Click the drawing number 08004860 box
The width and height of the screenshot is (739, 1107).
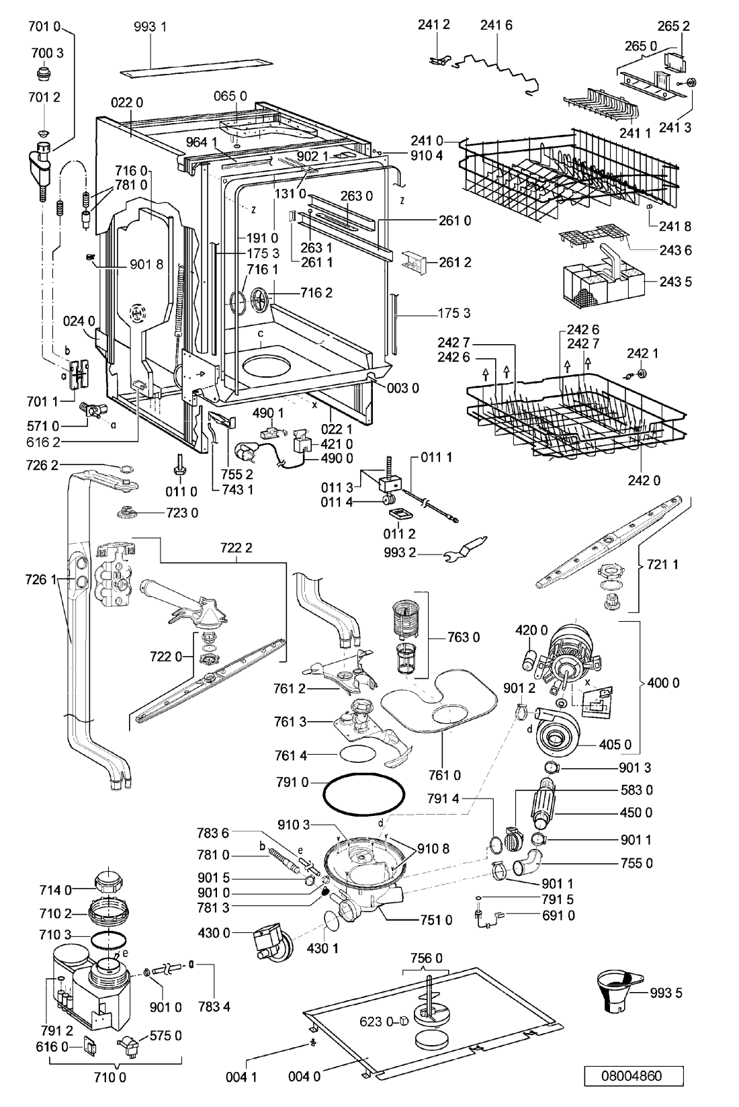pos(634,1076)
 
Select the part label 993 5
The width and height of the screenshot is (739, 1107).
pos(666,992)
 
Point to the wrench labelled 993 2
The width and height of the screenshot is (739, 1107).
pos(466,549)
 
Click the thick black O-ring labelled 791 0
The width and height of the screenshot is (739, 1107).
pos(363,794)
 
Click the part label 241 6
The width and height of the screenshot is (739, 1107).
pos(496,25)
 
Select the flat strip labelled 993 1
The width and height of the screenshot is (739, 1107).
pos(197,67)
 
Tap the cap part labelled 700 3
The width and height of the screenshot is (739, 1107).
pos(44,74)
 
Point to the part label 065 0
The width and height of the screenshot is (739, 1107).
pos(230,96)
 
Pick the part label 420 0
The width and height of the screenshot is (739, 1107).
pos(531,630)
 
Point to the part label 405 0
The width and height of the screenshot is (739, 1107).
pos(615,744)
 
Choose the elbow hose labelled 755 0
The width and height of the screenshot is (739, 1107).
pos(525,864)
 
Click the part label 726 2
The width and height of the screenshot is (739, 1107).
pos(44,465)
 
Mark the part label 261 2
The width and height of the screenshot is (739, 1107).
pos(455,262)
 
